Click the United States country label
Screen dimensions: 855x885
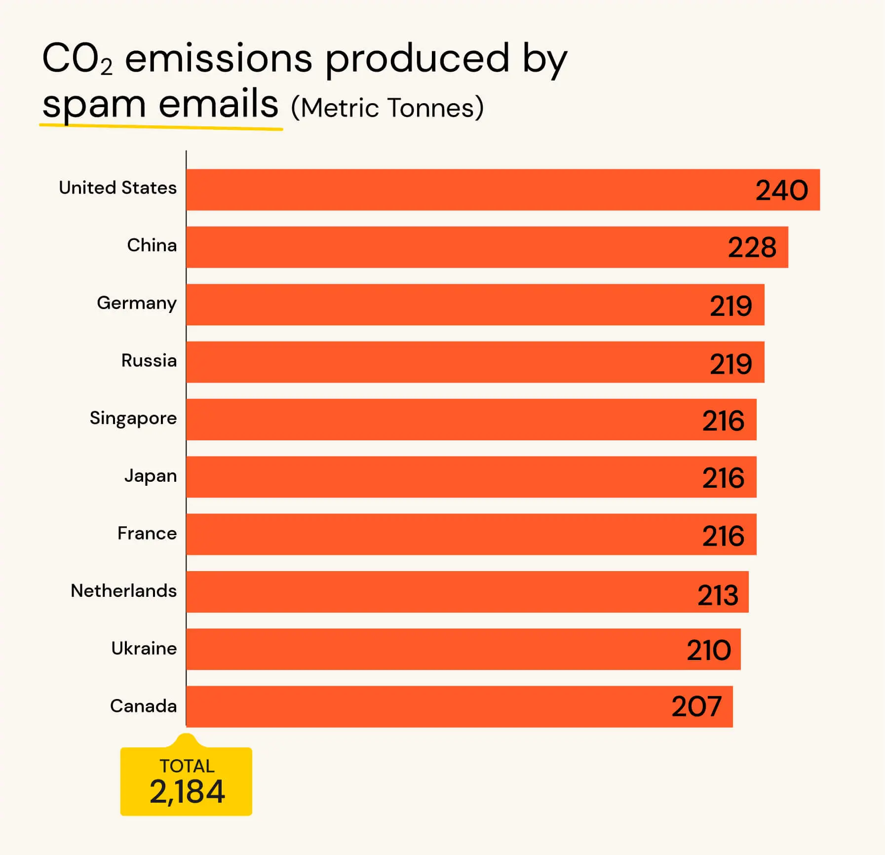[x=117, y=188]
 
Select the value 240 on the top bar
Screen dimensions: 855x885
[x=781, y=191]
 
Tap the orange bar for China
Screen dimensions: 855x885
[x=444, y=247]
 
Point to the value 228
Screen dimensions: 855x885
[x=752, y=248]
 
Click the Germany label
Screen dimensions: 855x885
[x=136, y=303]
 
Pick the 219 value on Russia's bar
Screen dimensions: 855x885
[x=731, y=364]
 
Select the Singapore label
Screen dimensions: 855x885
[x=133, y=419]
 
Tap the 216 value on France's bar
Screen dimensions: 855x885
[x=723, y=536]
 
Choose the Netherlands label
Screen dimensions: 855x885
[x=123, y=591]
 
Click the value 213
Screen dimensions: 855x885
[x=718, y=595]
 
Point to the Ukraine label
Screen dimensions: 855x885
[x=144, y=648]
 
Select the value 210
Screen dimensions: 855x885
[x=709, y=651]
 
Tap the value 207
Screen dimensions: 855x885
[x=696, y=707]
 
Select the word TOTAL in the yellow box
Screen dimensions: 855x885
[x=187, y=766]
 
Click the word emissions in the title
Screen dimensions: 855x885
[x=219, y=59]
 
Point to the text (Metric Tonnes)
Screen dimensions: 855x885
[x=387, y=108]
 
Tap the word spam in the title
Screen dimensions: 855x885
[x=94, y=105]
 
